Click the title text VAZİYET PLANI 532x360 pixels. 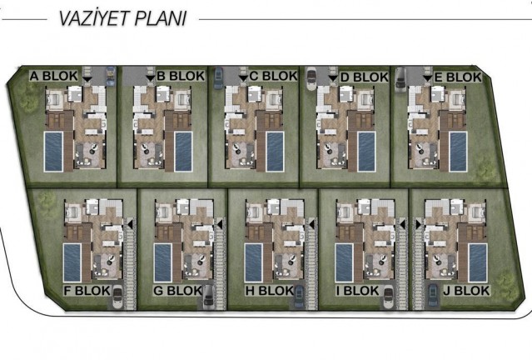coord(122,18)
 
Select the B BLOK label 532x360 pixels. coord(181,77)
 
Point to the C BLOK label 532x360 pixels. coord(273,77)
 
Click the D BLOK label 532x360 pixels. coord(365,77)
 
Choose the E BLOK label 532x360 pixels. coord(458,77)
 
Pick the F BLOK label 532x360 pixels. coord(87,291)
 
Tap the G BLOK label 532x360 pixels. coord(178,291)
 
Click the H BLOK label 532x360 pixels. coord(270,291)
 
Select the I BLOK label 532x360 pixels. coord(357,291)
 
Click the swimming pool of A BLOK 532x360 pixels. coord(53,149)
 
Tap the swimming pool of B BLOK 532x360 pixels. coord(184,149)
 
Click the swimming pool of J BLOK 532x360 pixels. coord(477,262)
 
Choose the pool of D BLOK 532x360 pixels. coord(367,149)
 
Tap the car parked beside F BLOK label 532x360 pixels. coord(117,295)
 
